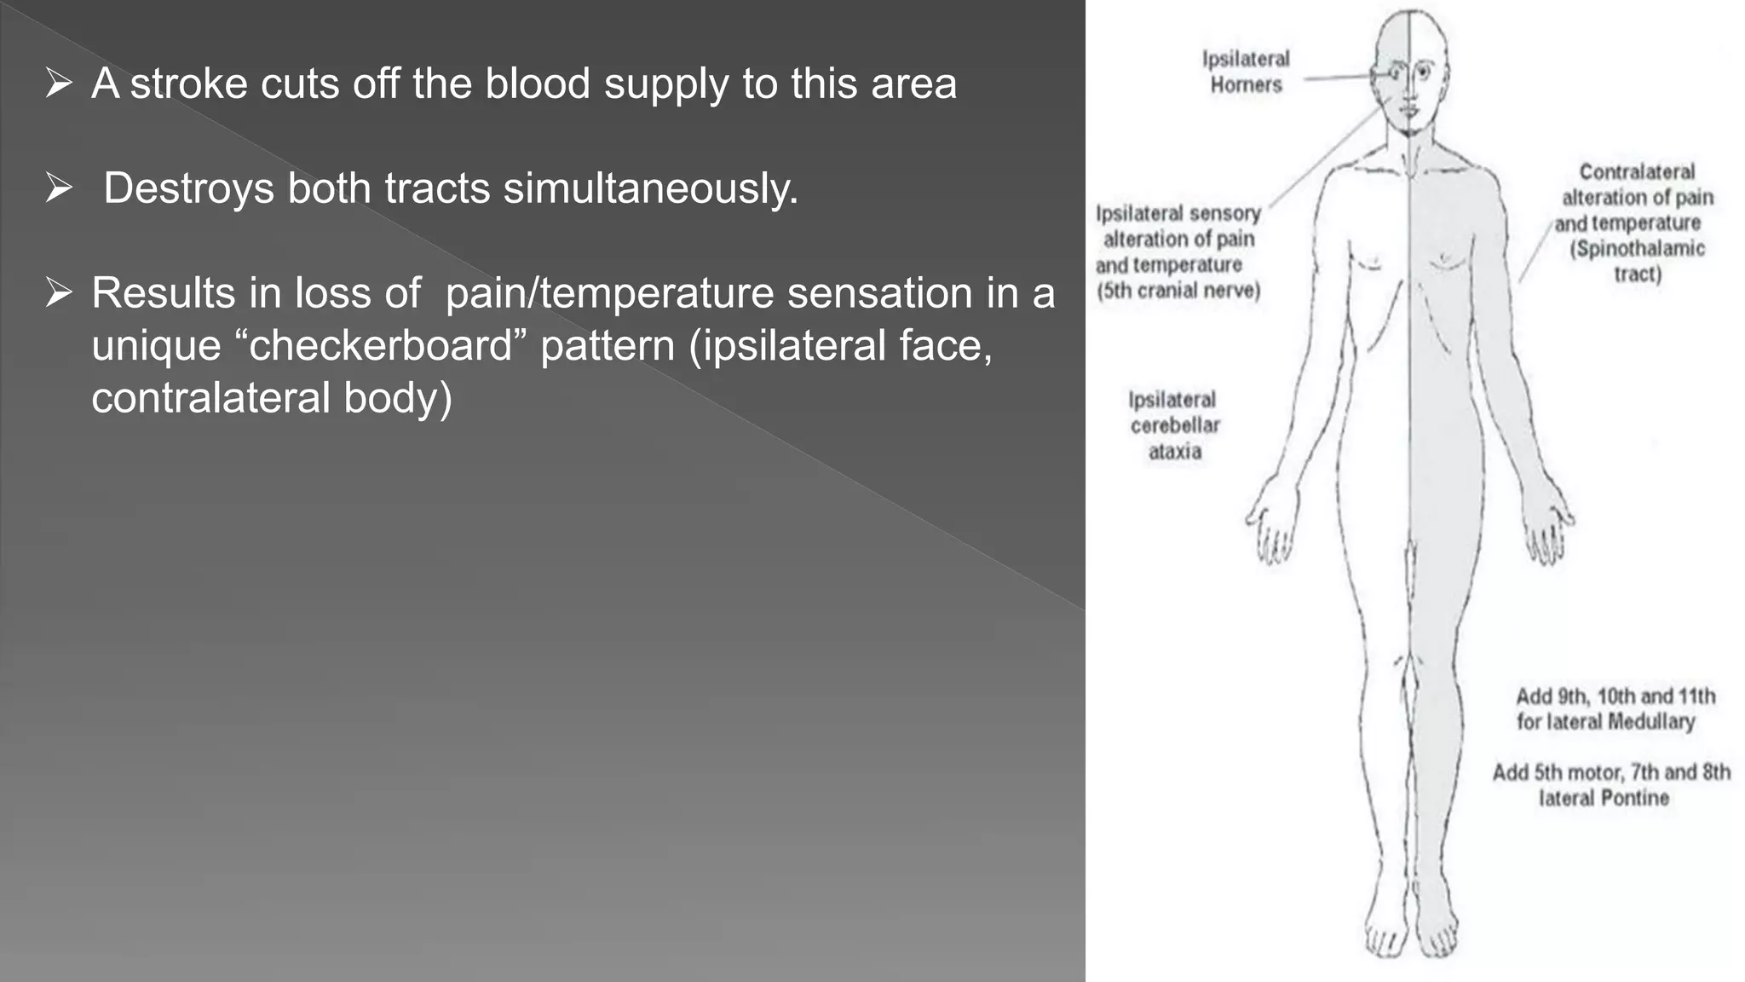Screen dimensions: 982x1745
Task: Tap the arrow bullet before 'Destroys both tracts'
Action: (59, 188)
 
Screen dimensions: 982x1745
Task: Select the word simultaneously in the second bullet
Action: (651, 188)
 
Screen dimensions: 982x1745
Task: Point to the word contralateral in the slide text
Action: (210, 398)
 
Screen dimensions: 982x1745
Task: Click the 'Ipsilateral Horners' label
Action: (1246, 72)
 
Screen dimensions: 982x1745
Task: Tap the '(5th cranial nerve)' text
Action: (1178, 291)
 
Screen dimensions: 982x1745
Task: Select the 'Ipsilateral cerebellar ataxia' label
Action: (1174, 425)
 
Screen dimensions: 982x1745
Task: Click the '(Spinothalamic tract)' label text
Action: (1638, 261)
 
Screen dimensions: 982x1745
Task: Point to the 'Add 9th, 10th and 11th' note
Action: (1615, 696)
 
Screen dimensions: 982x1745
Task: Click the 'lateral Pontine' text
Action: (1604, 798)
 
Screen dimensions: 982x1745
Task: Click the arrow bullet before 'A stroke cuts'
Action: (59, 84)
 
